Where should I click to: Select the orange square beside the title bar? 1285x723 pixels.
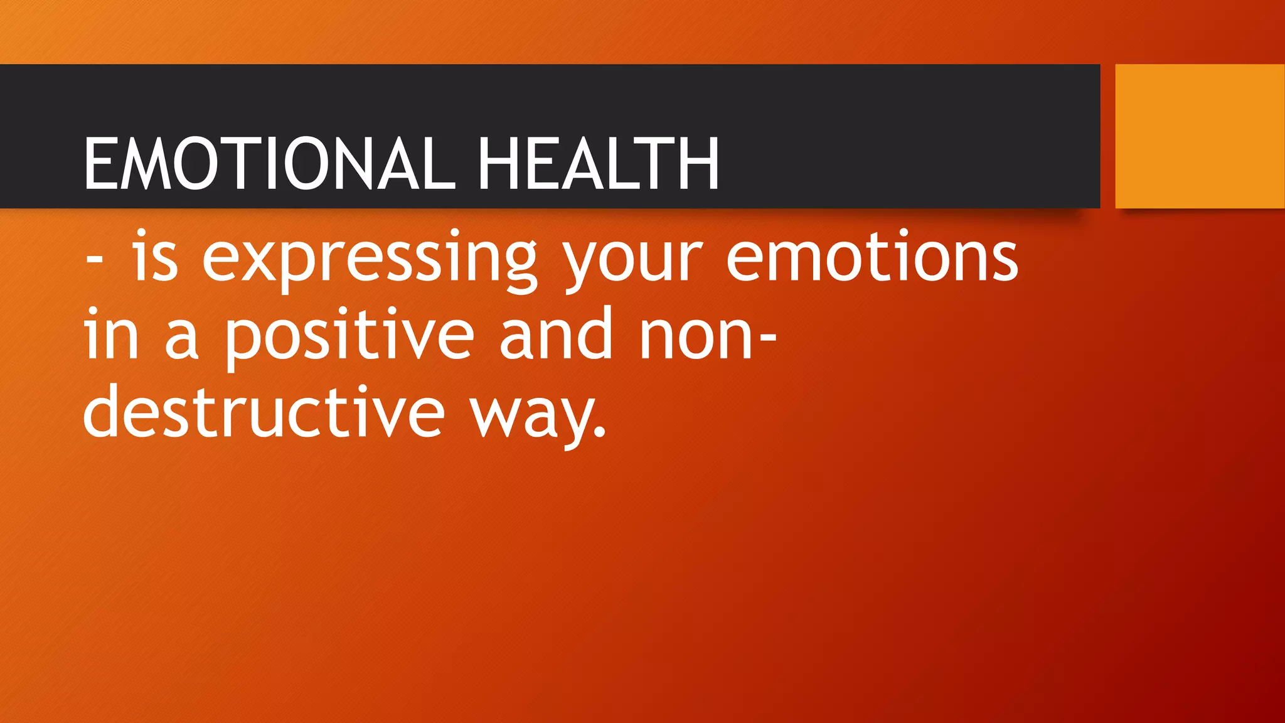click(x=1199, y=136)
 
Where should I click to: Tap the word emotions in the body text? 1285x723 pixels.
click(x=872, y=257)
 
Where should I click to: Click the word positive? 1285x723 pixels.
click(x=349, y=336)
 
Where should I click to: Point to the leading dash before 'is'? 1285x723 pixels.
click(x=94, y=260)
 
